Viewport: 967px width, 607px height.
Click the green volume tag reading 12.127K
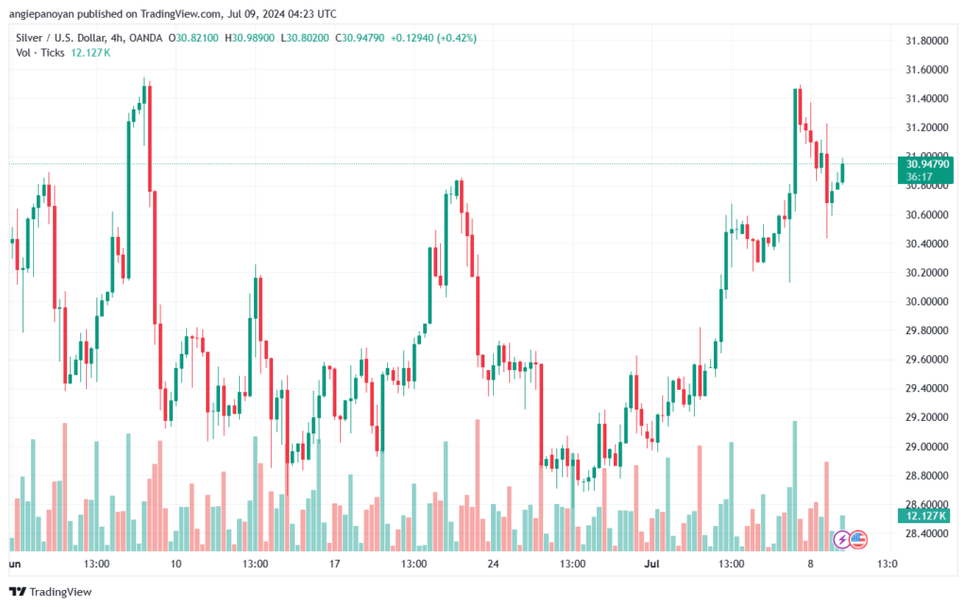tap(925, 515)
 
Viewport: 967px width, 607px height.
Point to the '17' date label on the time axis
tap(334, 564)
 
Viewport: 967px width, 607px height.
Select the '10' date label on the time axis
tap(176, 564)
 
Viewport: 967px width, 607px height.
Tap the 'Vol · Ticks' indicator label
tap(41, 53)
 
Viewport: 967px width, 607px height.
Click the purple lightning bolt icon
tap(840, 539)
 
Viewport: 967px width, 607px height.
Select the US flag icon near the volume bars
tap(857, 539)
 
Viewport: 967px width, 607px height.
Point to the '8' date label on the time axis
tap(810, 564)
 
